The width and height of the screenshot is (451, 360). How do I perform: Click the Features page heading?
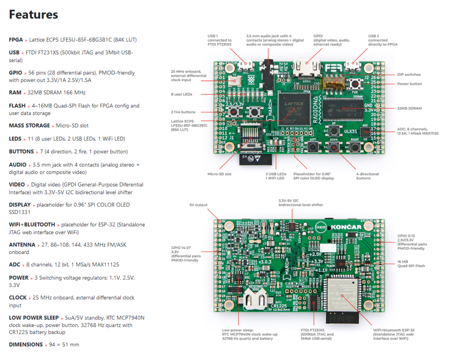pos(33,15)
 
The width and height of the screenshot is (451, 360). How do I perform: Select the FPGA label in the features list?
pos(16,40)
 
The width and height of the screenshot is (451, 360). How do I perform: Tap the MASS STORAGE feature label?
pos(29,125)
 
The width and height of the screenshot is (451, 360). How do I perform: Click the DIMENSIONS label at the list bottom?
pos(26,345)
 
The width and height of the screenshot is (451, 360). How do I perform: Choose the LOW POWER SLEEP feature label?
pos(33,317)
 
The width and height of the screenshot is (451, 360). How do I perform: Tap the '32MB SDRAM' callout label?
pos(409,108)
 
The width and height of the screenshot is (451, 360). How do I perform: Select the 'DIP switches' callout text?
pos(409,75)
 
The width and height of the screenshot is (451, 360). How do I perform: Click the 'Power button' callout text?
pos(410,84)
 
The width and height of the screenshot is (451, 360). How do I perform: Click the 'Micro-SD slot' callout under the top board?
pos(219,174)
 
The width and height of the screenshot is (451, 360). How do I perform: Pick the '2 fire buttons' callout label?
pos(183,112)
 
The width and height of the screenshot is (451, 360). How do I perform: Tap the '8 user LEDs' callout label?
pos(181,94)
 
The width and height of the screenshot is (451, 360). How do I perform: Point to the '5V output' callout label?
pos(198,205)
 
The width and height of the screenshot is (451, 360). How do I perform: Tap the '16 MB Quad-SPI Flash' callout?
pos(411,264)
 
